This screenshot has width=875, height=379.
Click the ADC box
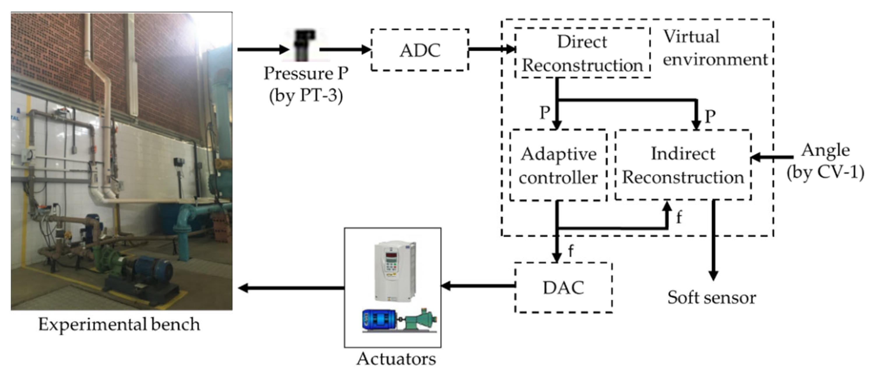click(x=420, y=50)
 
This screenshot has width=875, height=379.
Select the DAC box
click(x=563, y=287)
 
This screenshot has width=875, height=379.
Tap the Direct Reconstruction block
click(x=582, y=53)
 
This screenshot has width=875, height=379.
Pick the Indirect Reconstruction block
click(x=683, y=165)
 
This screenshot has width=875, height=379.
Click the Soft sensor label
click(x=711, y=297)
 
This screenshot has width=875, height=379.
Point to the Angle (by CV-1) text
click(x=825, y=161)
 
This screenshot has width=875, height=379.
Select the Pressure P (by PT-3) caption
click(x=306, y=84)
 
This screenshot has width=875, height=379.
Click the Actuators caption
click(x=396, y=359)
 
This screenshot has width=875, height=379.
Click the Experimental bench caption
click(x=119, y=324)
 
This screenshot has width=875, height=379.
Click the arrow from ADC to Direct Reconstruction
click(x=491, y=50)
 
